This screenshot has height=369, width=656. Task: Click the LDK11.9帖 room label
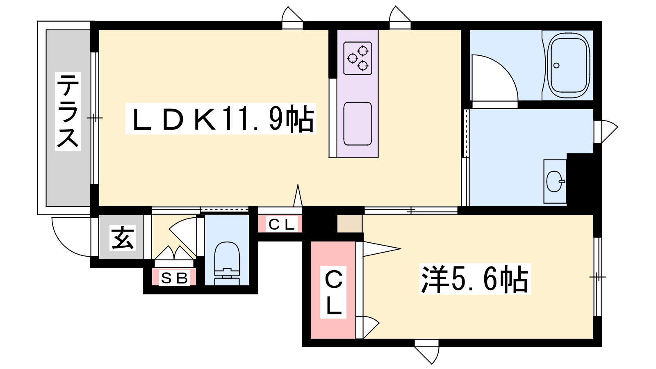click(221, 119)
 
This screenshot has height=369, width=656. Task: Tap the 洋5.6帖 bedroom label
click(475, 279)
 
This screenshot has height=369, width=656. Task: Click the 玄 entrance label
click(123, 238)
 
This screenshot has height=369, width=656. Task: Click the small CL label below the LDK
click(281, 224)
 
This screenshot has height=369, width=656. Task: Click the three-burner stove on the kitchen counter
click(358, 58)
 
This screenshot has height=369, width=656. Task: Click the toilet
click(227, 262)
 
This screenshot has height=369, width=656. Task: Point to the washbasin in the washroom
click(555, 181)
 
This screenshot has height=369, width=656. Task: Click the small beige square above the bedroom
click(349, 223)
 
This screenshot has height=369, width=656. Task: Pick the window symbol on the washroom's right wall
click(605, 131)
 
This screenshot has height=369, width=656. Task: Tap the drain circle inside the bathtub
click(556, 66)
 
